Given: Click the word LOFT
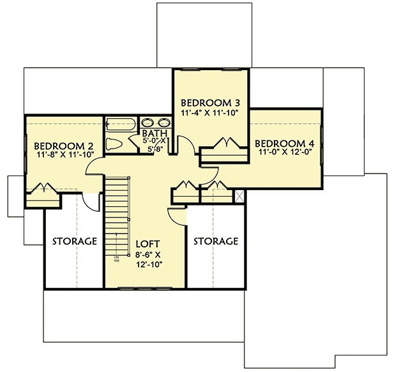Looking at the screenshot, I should pyautogui.click(x=147, y=244).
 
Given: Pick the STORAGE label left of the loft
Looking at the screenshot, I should pyautogui.click(x=74, y=241).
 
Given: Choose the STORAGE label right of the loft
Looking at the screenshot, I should pyautogui.click(x=216, y=241).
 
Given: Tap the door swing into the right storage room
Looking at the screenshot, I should pyautogui.click(x=176, y=215).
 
